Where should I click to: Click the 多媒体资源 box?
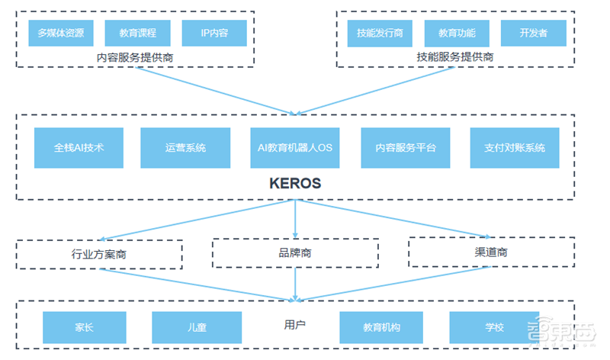click(x=60, y=33)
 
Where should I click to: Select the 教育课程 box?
click(x=138, y=33)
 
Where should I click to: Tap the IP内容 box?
click(x=214, y=33)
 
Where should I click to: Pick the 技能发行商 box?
click(x=380, y=33)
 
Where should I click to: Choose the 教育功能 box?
click(x=456, y=33)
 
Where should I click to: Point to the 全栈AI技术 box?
click(x=79, y=148)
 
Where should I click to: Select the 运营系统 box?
click(x=185, y=148)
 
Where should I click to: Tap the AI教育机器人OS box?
click(x=295, y=148)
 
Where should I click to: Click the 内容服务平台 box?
click(x=405, y=148)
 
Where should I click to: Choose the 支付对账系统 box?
click(x=515, y=148)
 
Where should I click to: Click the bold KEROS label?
click(x=295, y=184)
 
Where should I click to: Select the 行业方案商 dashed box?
click(x=99, y=255)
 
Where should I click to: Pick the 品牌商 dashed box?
click(x=294, y=252)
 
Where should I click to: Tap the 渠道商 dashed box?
click(x=491, y=252)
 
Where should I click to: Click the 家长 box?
click(x=84, y=327)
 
